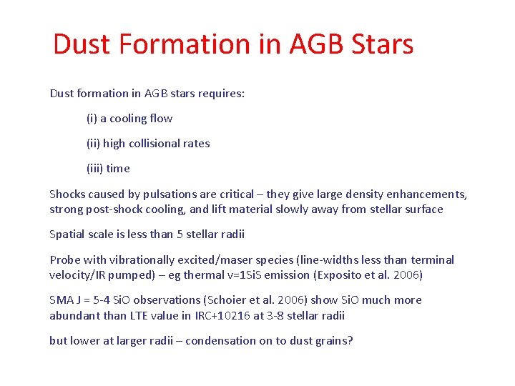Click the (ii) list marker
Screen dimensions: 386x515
(x=93, y=143)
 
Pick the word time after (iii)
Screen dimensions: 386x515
(x=118, y=169)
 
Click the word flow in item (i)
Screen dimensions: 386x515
(x=160, y=118)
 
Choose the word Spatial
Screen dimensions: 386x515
(x=67, y=234)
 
